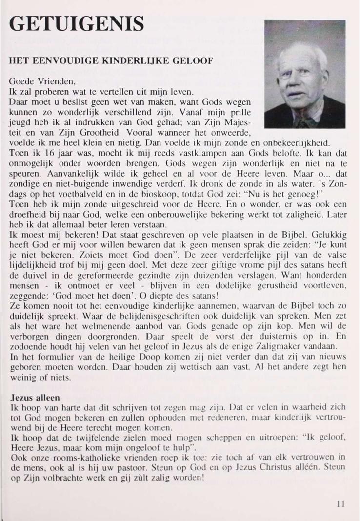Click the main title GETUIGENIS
(x=77, y=23)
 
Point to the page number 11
(x=340, y=504)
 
